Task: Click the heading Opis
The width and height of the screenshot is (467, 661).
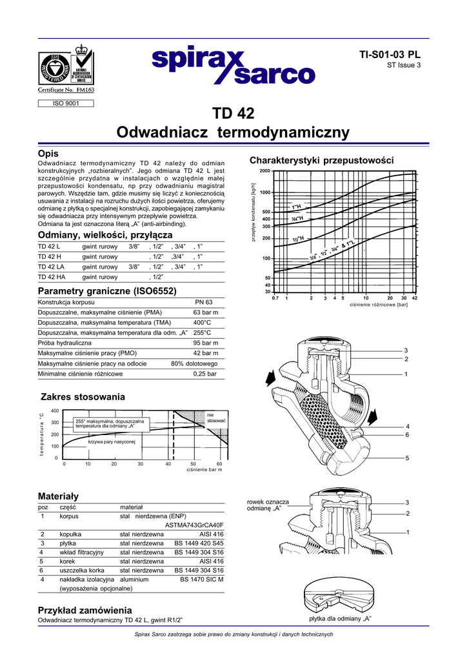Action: coord(48,154)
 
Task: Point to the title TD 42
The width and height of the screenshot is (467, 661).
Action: coord(233,114)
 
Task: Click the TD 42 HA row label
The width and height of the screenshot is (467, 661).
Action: coord(52,277)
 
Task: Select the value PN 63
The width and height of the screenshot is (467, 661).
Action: coord(204,302)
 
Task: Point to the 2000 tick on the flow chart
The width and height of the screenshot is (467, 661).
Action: coord(264,171)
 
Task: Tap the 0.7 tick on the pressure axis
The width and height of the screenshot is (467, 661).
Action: coord(275,298)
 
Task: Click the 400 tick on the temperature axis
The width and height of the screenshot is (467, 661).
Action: coord(55,411)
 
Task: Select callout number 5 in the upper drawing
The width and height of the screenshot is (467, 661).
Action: coord(407,458)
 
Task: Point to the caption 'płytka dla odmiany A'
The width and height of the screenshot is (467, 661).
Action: coord(341,619)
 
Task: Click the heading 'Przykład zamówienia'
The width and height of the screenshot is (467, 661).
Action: coord(85,610)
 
